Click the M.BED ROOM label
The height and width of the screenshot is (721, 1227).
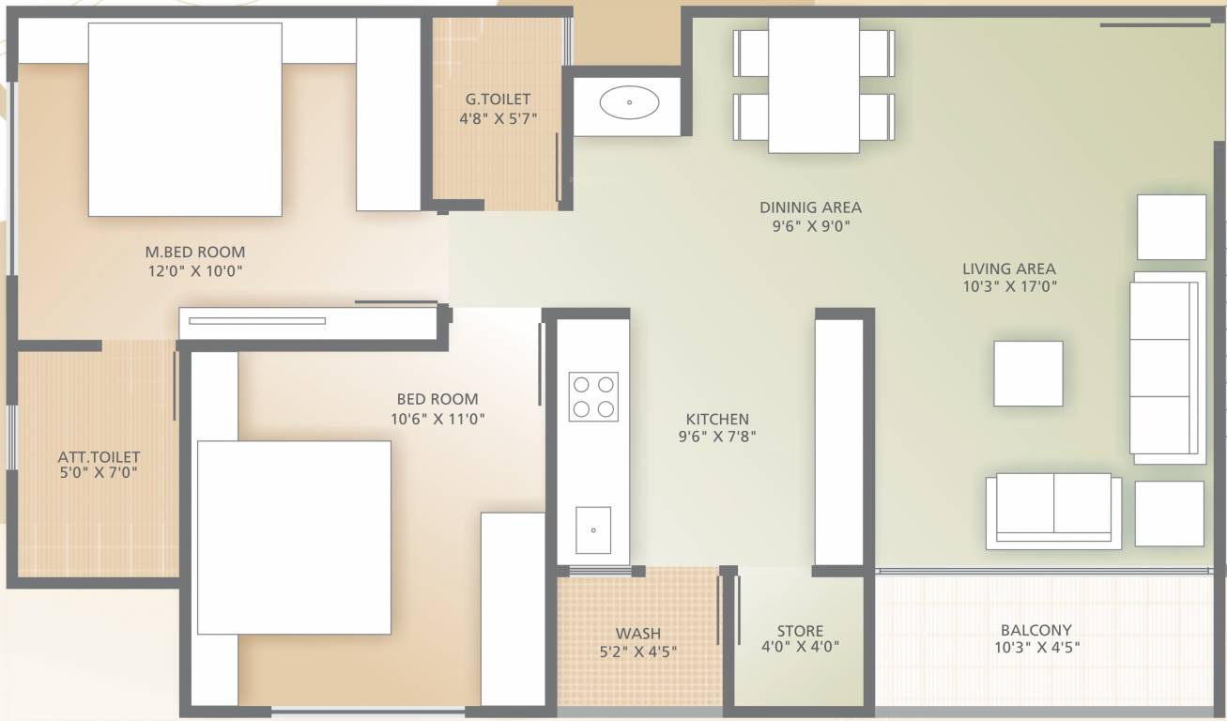tap(195, 252)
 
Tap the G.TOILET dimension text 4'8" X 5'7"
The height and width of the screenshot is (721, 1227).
tap(498, 118)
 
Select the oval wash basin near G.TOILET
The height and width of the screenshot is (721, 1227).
tap(629, 101)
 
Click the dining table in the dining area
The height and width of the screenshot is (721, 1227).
tap(813, 84)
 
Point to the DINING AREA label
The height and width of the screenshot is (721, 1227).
tap(810, 207)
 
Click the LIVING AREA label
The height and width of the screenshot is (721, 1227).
tap(1008, 268)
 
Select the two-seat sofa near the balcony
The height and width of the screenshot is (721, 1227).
tap(1053, 510)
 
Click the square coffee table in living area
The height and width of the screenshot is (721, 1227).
tap(1028, 374)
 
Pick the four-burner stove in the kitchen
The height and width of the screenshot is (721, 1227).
tap(593, 396)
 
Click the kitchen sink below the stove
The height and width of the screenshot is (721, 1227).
tap(593, 530)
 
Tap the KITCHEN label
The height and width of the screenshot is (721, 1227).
tap(717, 419)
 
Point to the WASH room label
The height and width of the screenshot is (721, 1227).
tap(637, 633)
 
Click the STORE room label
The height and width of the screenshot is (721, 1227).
tap(800, 631)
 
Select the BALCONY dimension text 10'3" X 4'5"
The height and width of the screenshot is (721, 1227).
tap(1035, 647)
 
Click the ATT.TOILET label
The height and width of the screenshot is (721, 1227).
tap(99, 457)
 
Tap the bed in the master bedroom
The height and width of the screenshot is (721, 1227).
tap(185, 119)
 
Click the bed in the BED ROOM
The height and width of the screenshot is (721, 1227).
tap(294, 537)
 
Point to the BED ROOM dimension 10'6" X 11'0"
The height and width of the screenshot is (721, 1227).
tap(437, 419)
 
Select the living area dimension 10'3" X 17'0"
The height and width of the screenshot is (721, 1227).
tap(1008, 287)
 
